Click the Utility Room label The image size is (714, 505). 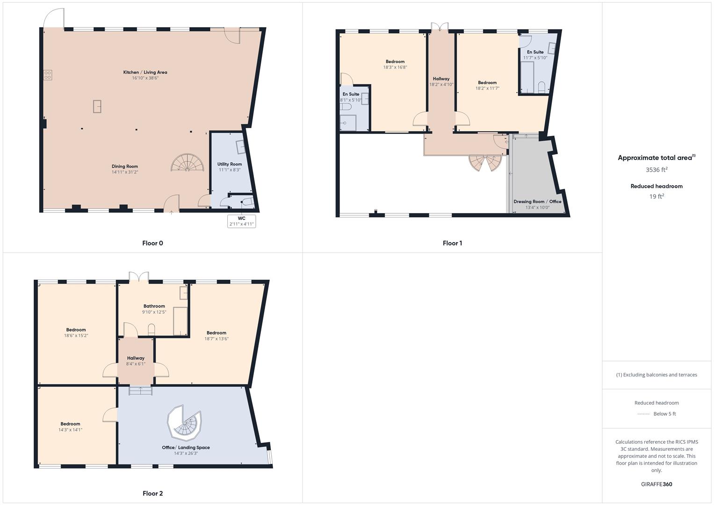click(x=229, y=164)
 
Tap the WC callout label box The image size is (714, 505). click(x=241, y=221)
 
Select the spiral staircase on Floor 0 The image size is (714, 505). click(x=188, y=163)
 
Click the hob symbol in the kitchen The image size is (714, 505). click(x=48, y=75)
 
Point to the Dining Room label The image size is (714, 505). click(x=125, y=166)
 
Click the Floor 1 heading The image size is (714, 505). click(x=452, y=243)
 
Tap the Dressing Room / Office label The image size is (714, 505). click(x=537, y=202)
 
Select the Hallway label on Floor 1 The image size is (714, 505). click(x=441, y=79)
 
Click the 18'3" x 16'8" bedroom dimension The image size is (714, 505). click(x=395, y=67)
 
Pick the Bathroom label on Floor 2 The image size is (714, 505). click(x=154, y=306)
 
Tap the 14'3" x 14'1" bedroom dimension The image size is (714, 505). click(x=70, y=430)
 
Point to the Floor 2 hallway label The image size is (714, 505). click(x=136, y=358)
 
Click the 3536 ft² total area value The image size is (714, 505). click(x=656, y=170)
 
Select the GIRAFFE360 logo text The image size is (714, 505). click(x=656, y=484)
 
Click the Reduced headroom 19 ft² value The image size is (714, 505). click(x=656, y=196)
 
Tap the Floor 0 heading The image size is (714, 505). click(x=152, y=243)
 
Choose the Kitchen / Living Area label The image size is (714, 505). click(x=145, y=72)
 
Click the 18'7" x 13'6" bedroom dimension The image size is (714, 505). click(x=216, y=339)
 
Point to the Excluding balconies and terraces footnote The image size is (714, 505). click(x=656, y=375)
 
